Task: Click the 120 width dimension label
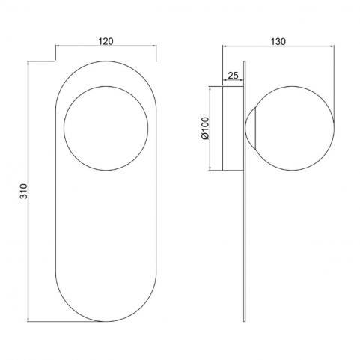pyautogui.click(x=106, y=41)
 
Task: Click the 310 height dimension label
pyautogui.click(x=24, y=191)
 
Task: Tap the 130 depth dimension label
pyautogui.click(x=278, y=41)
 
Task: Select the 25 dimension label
pyautogui.click(x=234, y=75)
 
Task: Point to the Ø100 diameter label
pyautogui.click(x=205, y=129)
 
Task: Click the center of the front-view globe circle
pyautogui.click(x=106, y=128)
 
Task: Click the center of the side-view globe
pyautogui.click(x=294, y=128)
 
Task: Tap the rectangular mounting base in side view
pyautogui.click(x=233, y=128)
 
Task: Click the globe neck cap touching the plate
pyautogui.click(x=251, y=128)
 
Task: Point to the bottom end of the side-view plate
pyautogui.click(x=245, y=321)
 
